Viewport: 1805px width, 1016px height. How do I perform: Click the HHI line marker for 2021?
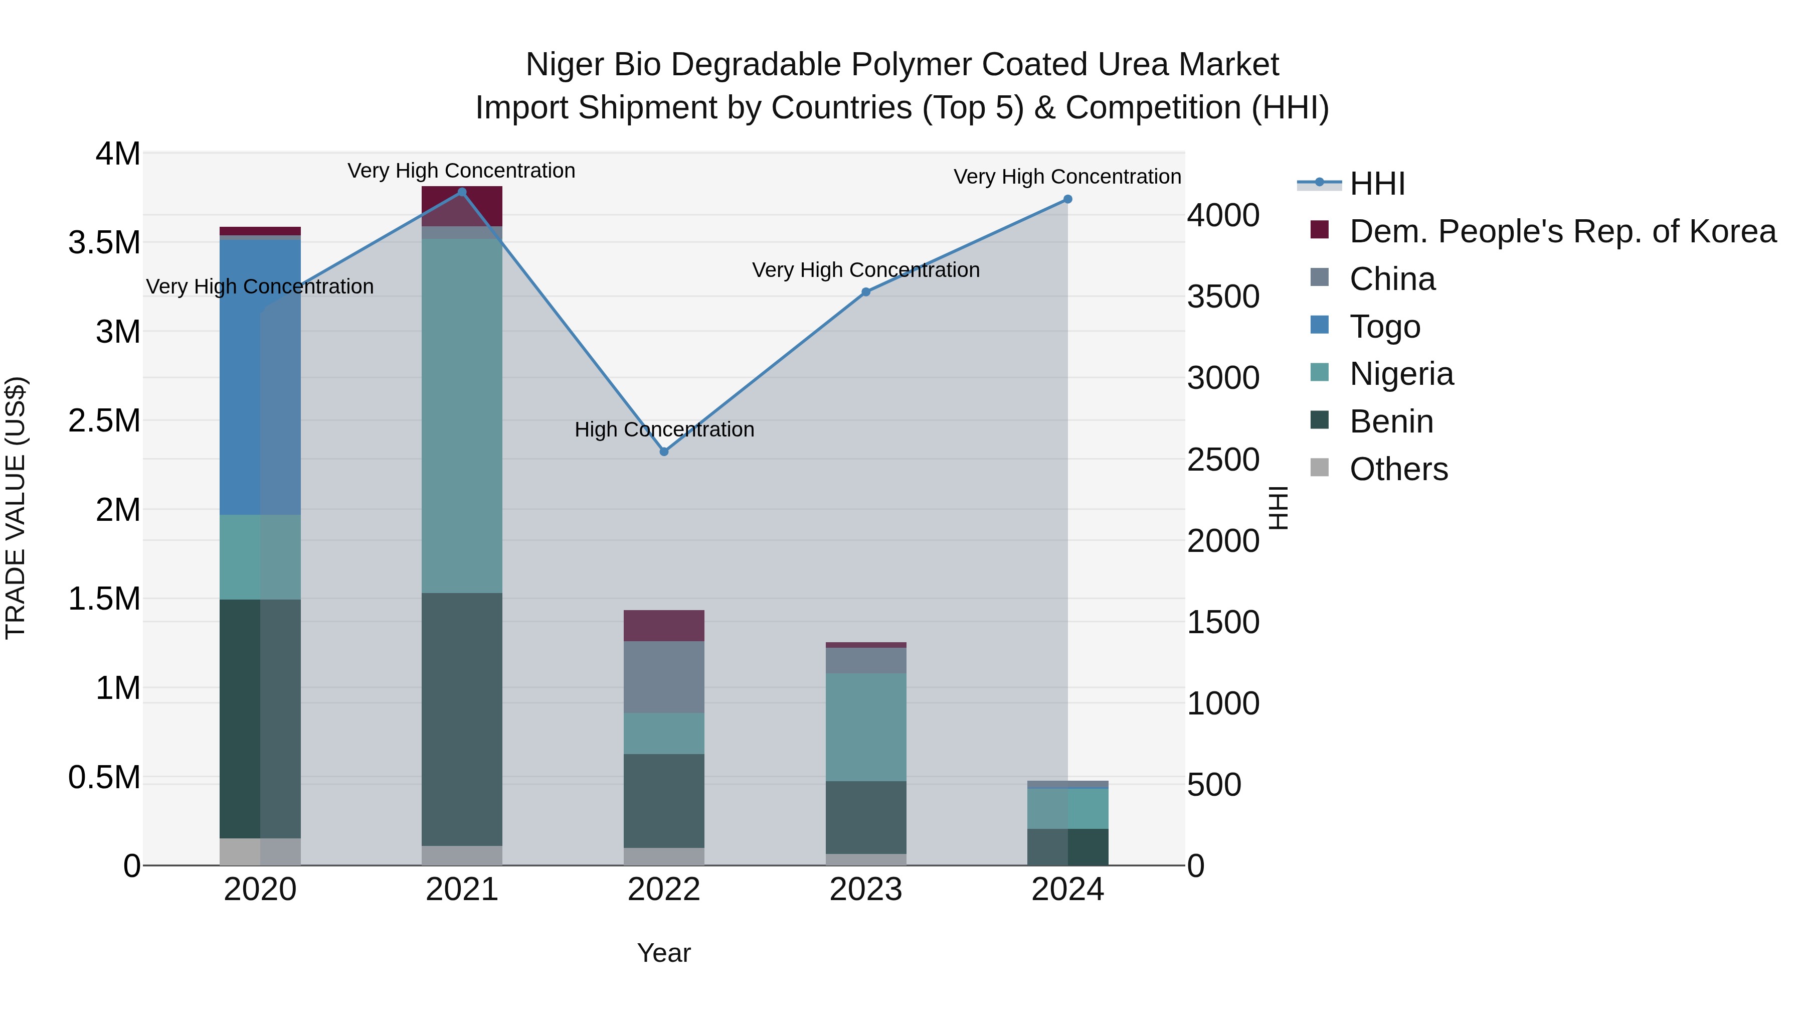[x=462, y=192]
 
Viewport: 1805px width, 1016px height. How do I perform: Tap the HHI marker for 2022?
[x=664, y=452]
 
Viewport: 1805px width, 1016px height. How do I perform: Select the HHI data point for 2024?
[x=1068, y=199]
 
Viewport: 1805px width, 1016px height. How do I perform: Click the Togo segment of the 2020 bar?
[x=260, y=379]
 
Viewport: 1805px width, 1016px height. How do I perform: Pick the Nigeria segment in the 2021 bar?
[x=462, y=416]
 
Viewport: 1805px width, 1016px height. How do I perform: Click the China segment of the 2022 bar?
[x=664, y=677]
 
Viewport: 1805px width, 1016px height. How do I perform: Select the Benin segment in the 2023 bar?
[x=866, y=818]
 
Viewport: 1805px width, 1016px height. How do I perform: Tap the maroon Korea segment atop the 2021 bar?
[x=462, y=206]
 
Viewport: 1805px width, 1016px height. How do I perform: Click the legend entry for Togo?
[x=1384, y=327]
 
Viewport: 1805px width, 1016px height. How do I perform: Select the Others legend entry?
[x=1398, y=469]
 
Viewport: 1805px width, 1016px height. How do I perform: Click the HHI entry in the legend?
[x=1377, y=184]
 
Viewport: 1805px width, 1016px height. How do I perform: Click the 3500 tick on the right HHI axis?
[x=1223, y=297]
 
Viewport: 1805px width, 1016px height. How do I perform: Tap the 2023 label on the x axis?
[x=866, y=890]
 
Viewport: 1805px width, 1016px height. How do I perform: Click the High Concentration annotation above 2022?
[x=664, y=429]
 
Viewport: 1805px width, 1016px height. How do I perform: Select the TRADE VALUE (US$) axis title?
[x=16, y=508]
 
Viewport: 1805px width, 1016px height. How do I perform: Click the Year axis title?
[x=663, y=953]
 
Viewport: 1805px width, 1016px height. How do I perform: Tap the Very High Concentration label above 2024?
[x=1067, y=177]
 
